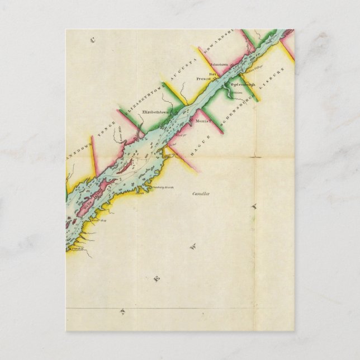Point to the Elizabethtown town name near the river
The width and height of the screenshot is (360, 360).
pos(156,112)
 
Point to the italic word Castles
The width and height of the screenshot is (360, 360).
pos(200,193)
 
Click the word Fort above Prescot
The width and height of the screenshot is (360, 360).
pos(212,74)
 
